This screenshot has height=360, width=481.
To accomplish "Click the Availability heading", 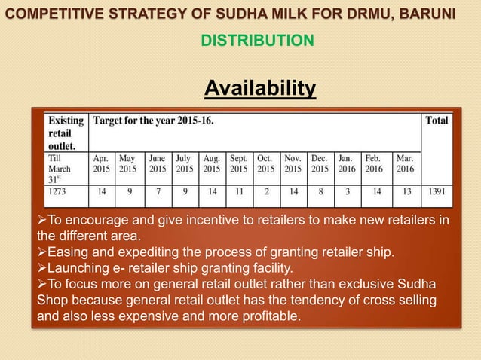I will tap(260, 90).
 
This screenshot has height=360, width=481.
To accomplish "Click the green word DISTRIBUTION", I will tap(257, 40).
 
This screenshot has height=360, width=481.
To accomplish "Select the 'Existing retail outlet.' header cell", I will tap(66, 132).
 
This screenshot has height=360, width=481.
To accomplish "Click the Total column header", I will tap(436, 121).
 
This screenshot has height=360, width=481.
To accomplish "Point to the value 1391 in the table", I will tap(437, 192).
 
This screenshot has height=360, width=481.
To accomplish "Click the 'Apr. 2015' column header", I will tap(101, 164).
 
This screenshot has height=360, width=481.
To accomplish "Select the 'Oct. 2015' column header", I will tap(265, 164).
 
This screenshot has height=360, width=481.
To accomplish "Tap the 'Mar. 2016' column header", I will tap(405, 164).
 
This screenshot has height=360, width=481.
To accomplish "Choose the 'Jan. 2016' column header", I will tap(347, 164).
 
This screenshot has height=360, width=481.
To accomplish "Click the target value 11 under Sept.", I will tap(238, 192).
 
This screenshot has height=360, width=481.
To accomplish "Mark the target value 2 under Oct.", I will tap(265, 192).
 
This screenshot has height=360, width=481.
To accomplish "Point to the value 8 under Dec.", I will tap(320, 192).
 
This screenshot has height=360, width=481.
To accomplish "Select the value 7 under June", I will tap(157, 192).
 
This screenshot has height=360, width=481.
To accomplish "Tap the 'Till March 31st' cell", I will tap(62, 169).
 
